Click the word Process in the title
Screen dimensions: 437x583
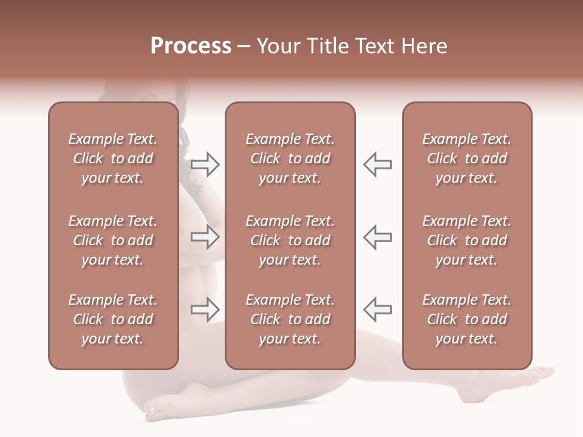191,46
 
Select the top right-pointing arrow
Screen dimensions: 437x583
205,164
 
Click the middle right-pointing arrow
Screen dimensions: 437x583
205,237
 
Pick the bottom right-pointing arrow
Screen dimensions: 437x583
205,310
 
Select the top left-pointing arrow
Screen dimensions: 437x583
377,164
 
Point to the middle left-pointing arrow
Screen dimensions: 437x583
377,237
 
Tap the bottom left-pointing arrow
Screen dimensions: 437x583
377,310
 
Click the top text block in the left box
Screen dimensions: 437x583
113,158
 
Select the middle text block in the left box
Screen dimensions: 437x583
113,240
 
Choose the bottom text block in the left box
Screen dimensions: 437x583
113,319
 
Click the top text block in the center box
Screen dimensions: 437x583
290,158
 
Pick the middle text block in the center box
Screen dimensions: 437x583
290,240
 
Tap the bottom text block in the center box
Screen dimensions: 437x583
290,319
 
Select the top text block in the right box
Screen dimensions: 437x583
466,158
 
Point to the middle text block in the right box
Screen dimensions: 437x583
466,240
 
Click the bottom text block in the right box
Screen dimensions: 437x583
466,319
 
